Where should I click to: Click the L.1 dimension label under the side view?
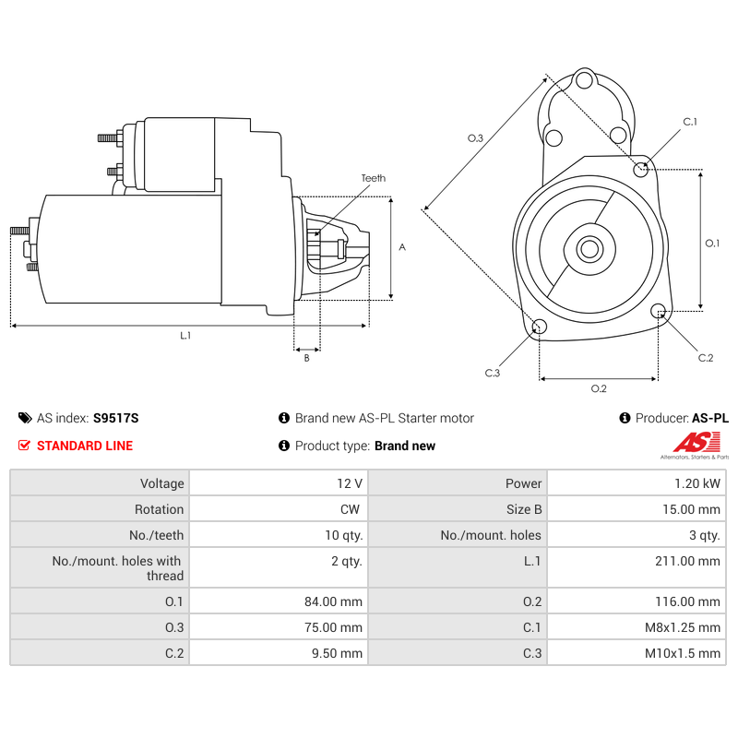184,336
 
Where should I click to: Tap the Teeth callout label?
374,179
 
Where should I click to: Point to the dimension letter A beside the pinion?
402,247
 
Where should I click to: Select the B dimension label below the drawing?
306,359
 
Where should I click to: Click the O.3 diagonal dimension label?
475,138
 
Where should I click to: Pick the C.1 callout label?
690,122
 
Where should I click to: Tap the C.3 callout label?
492,373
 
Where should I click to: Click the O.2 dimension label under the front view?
599,388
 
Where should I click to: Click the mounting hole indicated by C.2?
659,312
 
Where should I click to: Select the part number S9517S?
116,418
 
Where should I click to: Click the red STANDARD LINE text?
85,446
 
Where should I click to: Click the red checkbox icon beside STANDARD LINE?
24,446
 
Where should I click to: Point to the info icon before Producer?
625,418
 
